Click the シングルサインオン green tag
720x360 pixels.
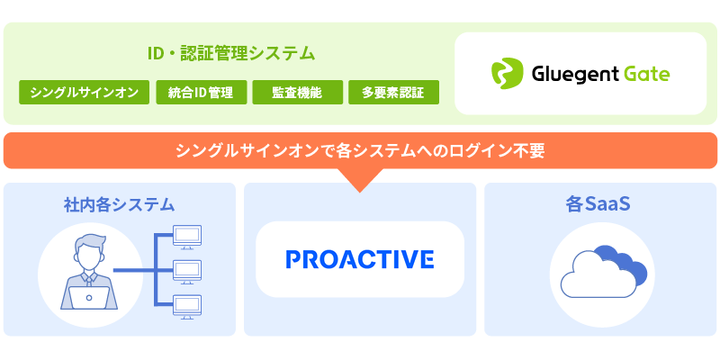tap(84, 93)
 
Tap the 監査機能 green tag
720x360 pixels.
tap(298, 93)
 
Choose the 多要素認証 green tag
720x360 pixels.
tap(393, 93)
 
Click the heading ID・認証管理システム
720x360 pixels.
tap(231, 54)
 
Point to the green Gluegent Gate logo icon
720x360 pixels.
tap(507, 74)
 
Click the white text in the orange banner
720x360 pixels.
tap(361, 150)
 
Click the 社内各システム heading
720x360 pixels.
tap(120, 205)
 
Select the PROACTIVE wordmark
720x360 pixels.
tap(360, 259)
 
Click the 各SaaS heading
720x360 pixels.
tap(598, 205)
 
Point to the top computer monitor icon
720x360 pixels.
tap(187, 237)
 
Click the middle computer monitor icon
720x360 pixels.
tap(187, 272)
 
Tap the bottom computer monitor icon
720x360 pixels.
tap(187, 307)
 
